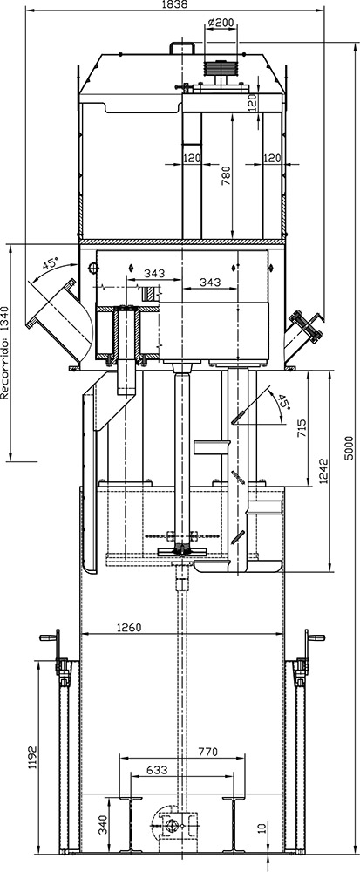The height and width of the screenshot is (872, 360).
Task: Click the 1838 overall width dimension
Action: tap(173, 3)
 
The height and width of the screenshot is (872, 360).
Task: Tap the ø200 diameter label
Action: tap(221, 23)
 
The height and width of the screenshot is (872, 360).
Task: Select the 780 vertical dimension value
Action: tap(226, 175)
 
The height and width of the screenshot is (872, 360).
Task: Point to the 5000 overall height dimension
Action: tap(349, 447)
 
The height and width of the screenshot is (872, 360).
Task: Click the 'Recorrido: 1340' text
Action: tap(5, 354)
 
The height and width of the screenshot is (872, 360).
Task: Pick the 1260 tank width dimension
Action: tap(129, 627)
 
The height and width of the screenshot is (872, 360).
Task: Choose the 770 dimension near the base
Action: tap(207, 753)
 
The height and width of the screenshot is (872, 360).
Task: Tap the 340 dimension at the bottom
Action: tap(103, 824)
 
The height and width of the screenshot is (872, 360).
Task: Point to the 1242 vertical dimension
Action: tap(324, 471)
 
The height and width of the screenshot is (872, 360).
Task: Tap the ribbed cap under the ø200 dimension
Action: tap(220, 68)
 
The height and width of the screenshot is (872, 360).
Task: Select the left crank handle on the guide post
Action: tap(51, 637)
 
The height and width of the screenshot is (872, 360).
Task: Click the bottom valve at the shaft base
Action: tap(173, 827)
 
